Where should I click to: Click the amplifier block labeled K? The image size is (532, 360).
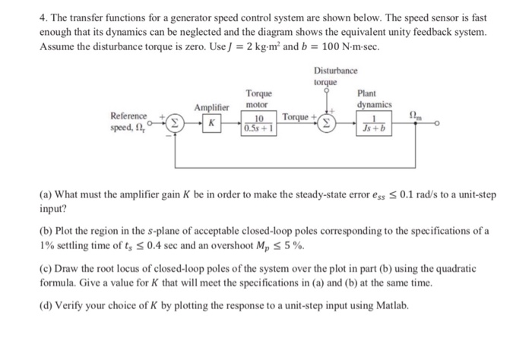(x=214, y=123)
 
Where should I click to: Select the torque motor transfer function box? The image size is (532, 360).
(x=259, y=124)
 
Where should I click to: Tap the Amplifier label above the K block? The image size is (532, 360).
(x=212, y=108)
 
